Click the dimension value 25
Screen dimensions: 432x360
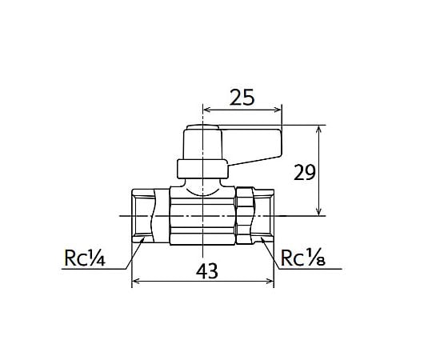242,98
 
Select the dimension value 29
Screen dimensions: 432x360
304,173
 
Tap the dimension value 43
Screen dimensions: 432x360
207,271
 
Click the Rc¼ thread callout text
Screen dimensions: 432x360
84,258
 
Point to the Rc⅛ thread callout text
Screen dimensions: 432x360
303,258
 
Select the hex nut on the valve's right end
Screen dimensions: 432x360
245,215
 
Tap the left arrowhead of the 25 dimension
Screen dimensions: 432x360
206,110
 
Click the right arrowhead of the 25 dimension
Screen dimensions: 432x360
278,110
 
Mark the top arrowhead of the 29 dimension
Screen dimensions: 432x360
318,130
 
